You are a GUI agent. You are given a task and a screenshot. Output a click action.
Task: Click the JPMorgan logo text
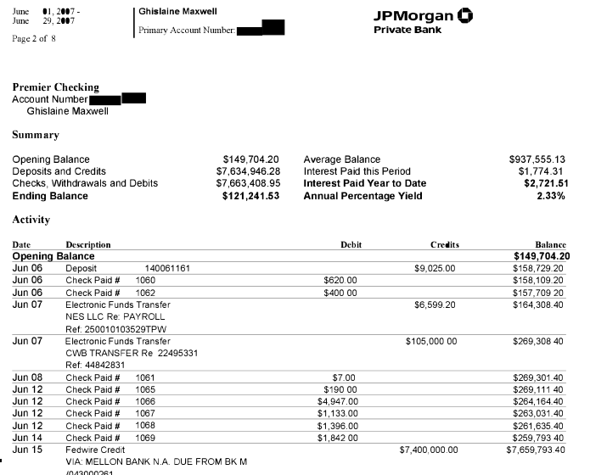pyautogui.click(x=415, y=15)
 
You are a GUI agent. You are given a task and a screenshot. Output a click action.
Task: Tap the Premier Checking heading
pyautogui.click(x=55, y=87)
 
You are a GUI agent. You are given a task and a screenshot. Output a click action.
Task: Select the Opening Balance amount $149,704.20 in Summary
pyautogui.click(x=250, y=159)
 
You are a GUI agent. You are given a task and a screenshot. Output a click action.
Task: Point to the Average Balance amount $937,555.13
pyautogui.click(x=537, y=159)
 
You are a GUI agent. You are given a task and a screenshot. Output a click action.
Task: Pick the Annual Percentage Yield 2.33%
pyautogui.click(x=550, y=196)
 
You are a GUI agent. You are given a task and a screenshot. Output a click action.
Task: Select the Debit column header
pyautogui.click(x=351, y=244)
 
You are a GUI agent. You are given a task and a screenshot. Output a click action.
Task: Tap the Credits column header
pyautogui.click(x=444, y=244)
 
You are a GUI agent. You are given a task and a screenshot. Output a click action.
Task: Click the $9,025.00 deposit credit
pyautogui.click(x=435, y=268)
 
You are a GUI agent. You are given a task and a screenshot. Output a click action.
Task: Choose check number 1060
pyautogui.click(x=146, y=280)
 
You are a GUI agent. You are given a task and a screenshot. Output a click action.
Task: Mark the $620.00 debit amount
pyautogui.click(x=340, y=280)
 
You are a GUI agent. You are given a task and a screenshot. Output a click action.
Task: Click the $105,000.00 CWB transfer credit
pyautogui.click(x=431, y=341)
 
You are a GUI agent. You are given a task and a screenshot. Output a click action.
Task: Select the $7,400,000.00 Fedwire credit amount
pyautogui.click(x=428, y=450)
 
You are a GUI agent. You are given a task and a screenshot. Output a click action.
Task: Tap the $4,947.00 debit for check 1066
pyautogui.click(x=337, y=401)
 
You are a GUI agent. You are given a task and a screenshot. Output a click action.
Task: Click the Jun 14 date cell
pyautogui.click(x=27, y=438)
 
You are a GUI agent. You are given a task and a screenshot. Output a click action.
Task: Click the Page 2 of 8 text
pyautogui.click(x=34, y=38)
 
